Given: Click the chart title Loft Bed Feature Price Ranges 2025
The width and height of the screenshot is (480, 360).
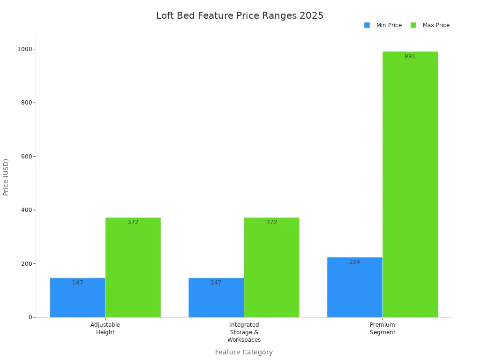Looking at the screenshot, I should [x=240, y=15].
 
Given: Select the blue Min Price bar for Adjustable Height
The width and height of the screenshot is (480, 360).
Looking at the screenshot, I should [x=77, y=298].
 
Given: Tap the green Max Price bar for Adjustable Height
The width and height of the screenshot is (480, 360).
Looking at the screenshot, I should [x=133, y=267].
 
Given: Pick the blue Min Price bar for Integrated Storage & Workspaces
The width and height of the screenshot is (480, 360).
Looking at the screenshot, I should [x=216, y=298].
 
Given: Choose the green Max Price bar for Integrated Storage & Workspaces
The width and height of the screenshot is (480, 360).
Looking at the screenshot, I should [x=271, y=267].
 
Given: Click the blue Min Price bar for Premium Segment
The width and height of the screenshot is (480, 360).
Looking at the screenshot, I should [x=354, y=287].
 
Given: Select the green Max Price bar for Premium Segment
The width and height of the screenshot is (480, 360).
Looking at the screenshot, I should [x=410, y=184].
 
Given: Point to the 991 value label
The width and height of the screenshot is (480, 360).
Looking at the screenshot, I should [x=410, y=56].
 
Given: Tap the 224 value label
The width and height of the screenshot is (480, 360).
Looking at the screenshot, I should [x=354, y=262].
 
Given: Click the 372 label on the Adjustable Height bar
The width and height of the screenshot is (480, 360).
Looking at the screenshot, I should [x=133, y=222].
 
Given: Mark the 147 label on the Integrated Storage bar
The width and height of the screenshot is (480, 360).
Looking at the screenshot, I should [x=216, y=283].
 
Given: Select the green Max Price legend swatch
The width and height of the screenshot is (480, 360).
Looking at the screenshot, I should [x=413, y=25].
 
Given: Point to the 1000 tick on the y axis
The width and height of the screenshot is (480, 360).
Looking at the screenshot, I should [x=25, y=49].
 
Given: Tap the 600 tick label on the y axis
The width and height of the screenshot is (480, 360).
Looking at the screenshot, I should [x=26, y=157].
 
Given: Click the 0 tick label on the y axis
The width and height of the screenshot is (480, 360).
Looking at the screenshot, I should [x=30, y=317].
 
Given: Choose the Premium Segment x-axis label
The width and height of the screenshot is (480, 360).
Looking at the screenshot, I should [x=382, y=329].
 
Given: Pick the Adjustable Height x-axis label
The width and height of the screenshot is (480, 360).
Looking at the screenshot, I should [x=105, y=329].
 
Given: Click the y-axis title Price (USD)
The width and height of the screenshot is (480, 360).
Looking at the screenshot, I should [x=6, y=177].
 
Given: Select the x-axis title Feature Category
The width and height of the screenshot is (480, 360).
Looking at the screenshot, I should [x=244, y=352].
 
